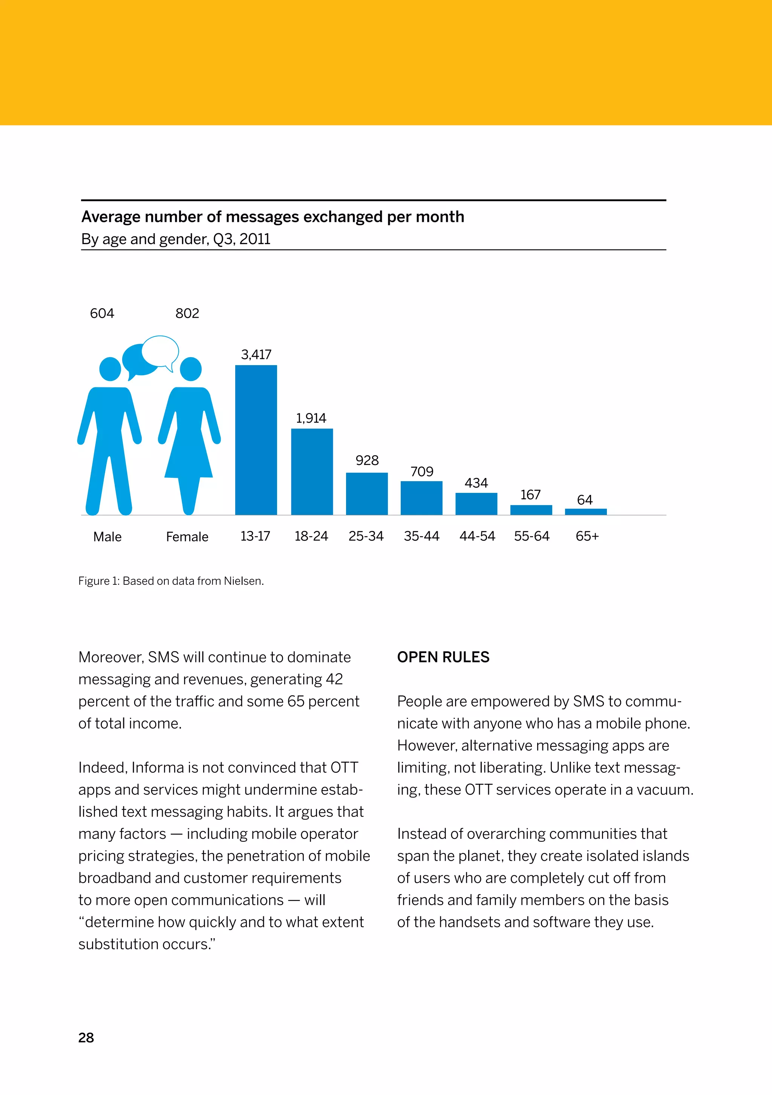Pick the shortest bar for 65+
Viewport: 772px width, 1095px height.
point(585,512)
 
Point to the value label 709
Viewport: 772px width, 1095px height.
point(422,472)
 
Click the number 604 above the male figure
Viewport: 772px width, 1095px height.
point(102,314)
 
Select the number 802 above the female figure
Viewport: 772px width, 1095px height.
point(187,314)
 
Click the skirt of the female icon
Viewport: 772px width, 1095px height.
point(189,458)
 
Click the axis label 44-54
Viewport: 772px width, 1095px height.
point(477,536)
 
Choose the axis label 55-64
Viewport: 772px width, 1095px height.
point(532,536)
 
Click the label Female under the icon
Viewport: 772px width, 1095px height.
point(187,537)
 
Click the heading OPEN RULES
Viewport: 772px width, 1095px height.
point(443,657)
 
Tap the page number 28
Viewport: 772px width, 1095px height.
point(86,1038)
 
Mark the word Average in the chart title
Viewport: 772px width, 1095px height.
point(111,217)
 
